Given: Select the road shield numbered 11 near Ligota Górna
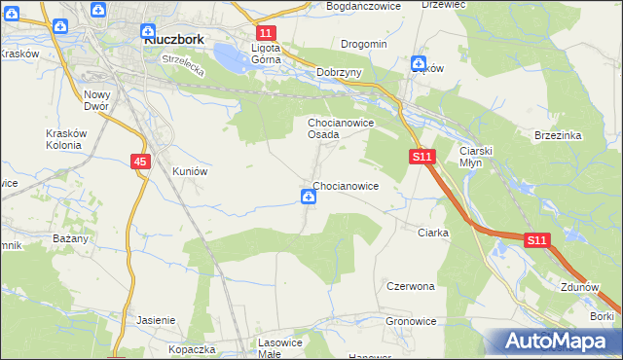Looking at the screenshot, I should click(266, 33).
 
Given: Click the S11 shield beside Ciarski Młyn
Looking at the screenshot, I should click(421, 156).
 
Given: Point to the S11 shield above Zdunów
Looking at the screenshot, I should click(536, 239).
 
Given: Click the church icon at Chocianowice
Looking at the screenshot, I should click(309, 198).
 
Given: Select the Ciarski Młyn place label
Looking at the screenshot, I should click(478, 158).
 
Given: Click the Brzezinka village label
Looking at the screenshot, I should click(558, 136).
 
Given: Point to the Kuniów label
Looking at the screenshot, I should click(191, 170).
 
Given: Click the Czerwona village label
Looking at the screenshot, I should click(410, 287).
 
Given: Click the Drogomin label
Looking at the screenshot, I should click(364, 44).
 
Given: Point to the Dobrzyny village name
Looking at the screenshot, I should click(340, 72).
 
